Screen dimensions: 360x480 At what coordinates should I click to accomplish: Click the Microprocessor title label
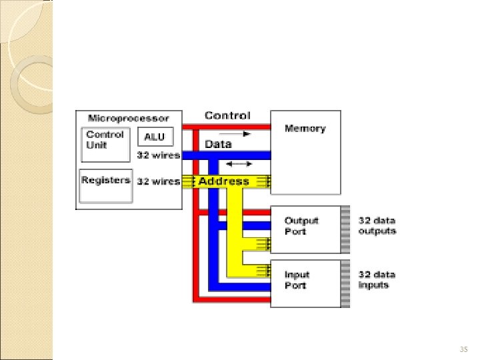coord(129,118)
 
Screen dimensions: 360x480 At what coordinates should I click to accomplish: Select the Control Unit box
coord(105,144)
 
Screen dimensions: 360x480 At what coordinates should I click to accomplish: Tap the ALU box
coord(155,137)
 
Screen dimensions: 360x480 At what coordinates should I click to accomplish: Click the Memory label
coord(305,129)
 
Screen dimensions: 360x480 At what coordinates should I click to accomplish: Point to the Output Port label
coord(301,225)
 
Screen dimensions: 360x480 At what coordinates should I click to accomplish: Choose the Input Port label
coord(297,280)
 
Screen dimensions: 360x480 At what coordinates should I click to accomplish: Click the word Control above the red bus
coord(227,116)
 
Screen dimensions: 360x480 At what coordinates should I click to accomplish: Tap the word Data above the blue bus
coord(218,144)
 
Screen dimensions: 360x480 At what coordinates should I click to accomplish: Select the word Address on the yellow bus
coord(223,181)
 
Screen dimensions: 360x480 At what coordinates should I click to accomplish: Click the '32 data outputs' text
coord(377,225)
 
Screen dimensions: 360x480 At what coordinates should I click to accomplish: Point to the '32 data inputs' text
coord(377,280)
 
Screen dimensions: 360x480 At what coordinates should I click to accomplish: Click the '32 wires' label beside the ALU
coord(158,155)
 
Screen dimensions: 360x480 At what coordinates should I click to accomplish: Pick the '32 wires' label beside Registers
coord(158,181)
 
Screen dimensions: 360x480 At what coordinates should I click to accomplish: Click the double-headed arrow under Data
coord(239,163)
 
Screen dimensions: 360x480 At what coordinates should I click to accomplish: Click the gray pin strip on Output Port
coord(345,229)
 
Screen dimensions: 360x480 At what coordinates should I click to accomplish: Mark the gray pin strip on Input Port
coord(345,283)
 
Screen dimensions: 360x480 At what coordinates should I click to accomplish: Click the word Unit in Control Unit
coord(97,145)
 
